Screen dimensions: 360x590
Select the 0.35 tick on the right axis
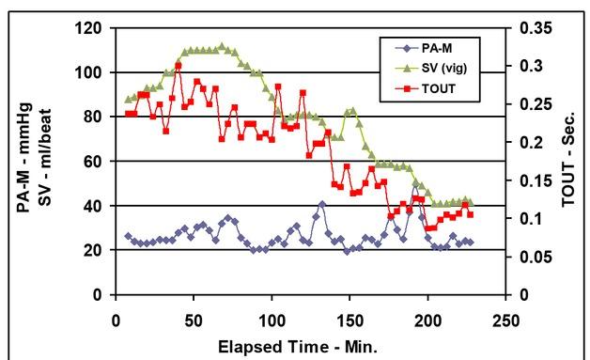coord(522,28)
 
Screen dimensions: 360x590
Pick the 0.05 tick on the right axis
coord(522,257)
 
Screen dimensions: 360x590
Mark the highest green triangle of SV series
coord(222,45)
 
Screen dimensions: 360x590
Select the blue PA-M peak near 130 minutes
coord(322,204)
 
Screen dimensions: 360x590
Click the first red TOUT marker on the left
coord(129,114)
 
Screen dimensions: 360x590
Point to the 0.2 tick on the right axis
coord(522,143)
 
